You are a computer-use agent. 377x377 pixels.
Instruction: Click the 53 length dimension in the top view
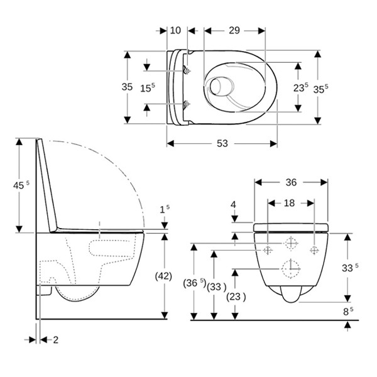click(x=222, y=144)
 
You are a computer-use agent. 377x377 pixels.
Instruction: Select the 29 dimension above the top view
click(x=234, y=30)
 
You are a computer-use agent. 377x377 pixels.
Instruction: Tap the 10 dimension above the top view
click(x=175, y=30)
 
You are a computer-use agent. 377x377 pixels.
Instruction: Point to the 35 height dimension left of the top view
click(x=128, y=87)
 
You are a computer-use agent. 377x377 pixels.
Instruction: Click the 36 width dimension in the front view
click(x=291, y=182)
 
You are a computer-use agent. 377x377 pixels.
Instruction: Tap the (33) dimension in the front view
click(x=216, y=286)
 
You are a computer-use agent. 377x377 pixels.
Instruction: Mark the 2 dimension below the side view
click(x=55, y=340)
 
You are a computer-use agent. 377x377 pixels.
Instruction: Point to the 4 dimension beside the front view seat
click(x=233, y=204)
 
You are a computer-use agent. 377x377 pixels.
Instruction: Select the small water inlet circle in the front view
click(x=292, y=243)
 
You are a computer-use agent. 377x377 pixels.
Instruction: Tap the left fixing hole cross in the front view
click(x=268, y=250)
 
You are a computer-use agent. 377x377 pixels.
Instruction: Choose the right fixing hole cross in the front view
click(x=314, y=250)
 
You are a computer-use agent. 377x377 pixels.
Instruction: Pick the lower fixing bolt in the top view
click(x=185, y=104)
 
